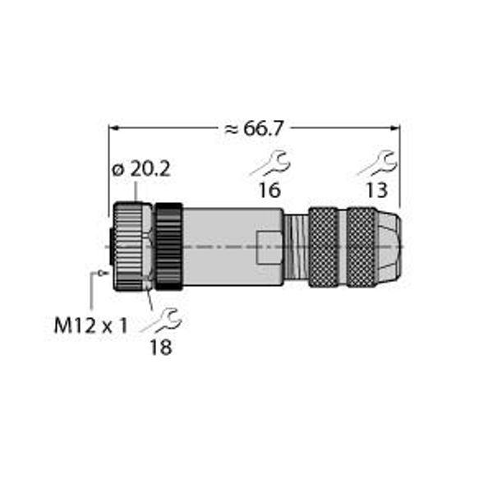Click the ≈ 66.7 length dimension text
click(254, 129)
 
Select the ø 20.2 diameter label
click(141, 170)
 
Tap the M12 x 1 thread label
click(91, 325)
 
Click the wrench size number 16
click(270, 190)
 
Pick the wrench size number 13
click(376, 190)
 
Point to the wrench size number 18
click(161, 347)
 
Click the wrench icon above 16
click(270, 164)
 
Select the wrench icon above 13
click(377, 164)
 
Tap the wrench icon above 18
click(162, 320)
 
